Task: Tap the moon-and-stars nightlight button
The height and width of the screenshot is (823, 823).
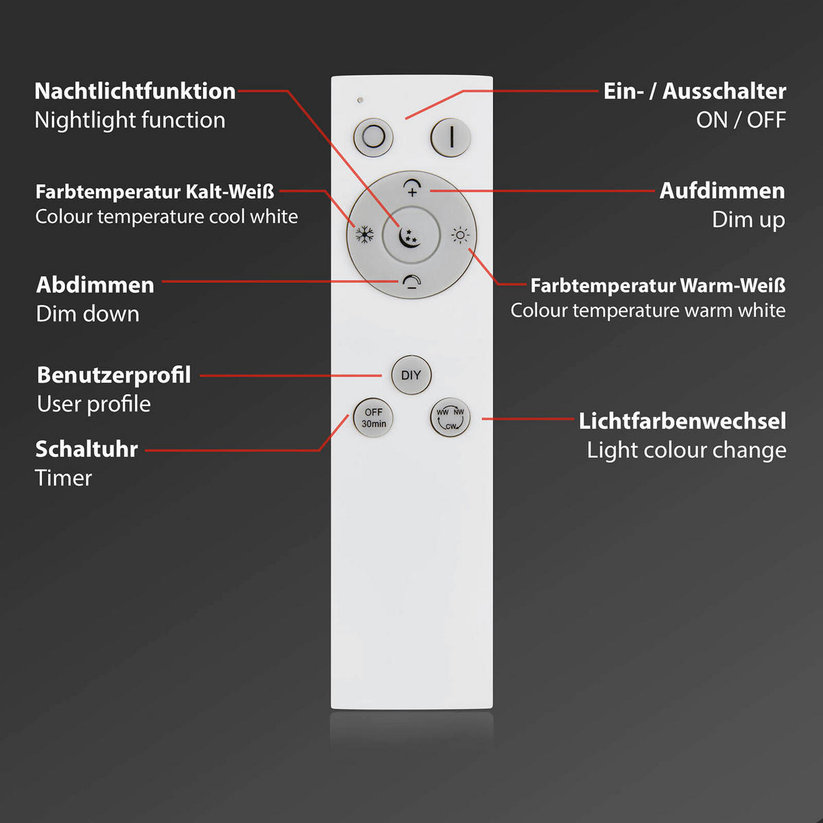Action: (410, 237)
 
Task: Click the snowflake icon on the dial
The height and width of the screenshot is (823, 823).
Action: (364, 235)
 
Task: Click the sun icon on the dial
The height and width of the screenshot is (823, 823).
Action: (460, 236)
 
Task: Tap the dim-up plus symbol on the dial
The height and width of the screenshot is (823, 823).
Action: (411, 188)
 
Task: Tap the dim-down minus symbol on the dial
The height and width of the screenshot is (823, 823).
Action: (411, 283)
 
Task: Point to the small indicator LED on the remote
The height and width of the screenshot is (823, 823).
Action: (360, 100)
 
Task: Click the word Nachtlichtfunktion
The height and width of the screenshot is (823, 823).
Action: (135, 91)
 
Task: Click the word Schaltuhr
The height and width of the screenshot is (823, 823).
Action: (86, 449)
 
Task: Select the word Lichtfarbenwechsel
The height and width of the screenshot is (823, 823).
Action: (682, 421)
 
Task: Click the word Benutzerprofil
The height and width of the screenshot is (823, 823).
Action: (114, 375)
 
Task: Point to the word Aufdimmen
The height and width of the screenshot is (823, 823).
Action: (722, 191)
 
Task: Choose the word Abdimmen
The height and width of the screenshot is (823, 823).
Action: (95, 285)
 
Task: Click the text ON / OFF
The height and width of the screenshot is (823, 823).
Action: (741, 120)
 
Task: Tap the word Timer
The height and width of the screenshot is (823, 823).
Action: (63, 478)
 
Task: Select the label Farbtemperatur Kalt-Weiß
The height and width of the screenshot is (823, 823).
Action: (155, 191)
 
